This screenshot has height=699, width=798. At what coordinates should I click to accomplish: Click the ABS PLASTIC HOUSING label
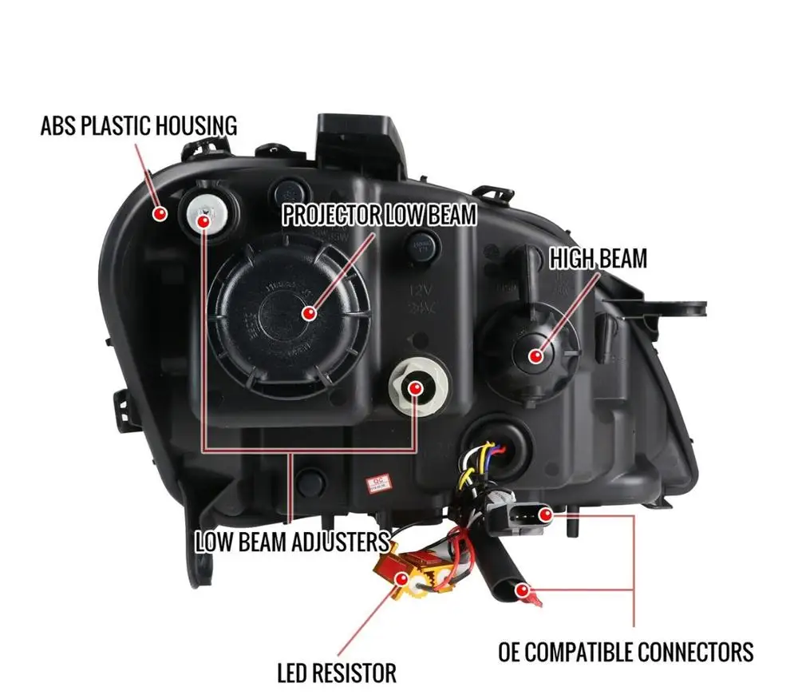[x=140, y=125]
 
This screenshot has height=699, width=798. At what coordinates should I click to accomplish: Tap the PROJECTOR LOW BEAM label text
[x=379, y=215]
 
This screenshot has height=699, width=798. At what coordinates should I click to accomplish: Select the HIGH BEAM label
[x=598, y=258]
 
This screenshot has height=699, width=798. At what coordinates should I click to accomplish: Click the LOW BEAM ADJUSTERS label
[x=292, y=542]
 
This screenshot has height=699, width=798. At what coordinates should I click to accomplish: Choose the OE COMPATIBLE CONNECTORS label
[x=626, y=651]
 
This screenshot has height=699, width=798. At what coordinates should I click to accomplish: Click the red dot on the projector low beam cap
[x=309, y=313]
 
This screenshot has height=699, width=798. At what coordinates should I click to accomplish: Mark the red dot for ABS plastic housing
[x=160, y=214]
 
